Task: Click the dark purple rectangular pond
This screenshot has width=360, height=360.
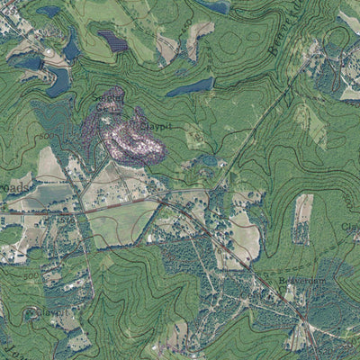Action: [112, 40]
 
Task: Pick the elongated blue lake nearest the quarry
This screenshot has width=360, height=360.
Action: [190, 87]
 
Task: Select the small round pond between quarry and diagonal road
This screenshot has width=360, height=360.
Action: [210, 161]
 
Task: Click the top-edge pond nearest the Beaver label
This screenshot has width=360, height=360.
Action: [216, 6]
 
